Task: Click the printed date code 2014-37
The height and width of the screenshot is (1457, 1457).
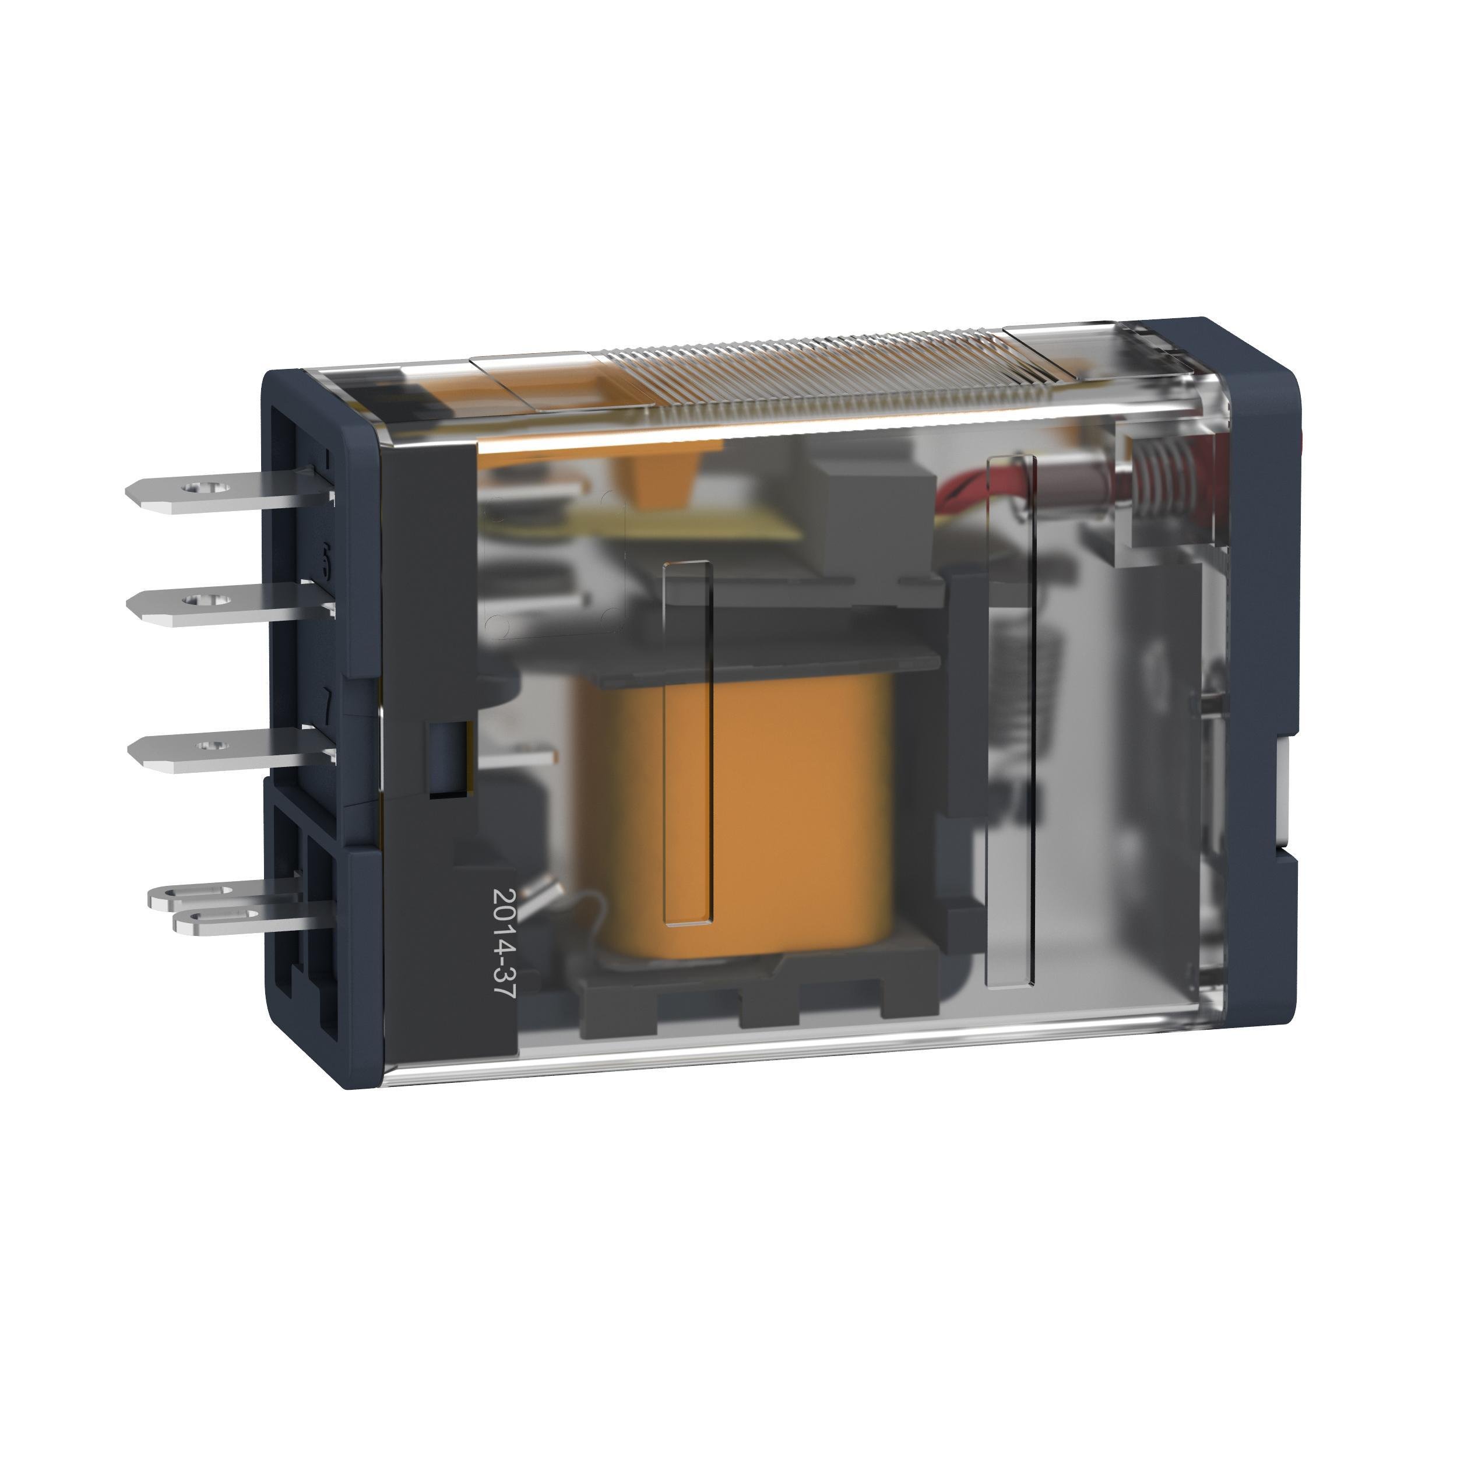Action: click(502, 944)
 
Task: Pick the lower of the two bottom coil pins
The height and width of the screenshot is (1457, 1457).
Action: click(226, 918)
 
